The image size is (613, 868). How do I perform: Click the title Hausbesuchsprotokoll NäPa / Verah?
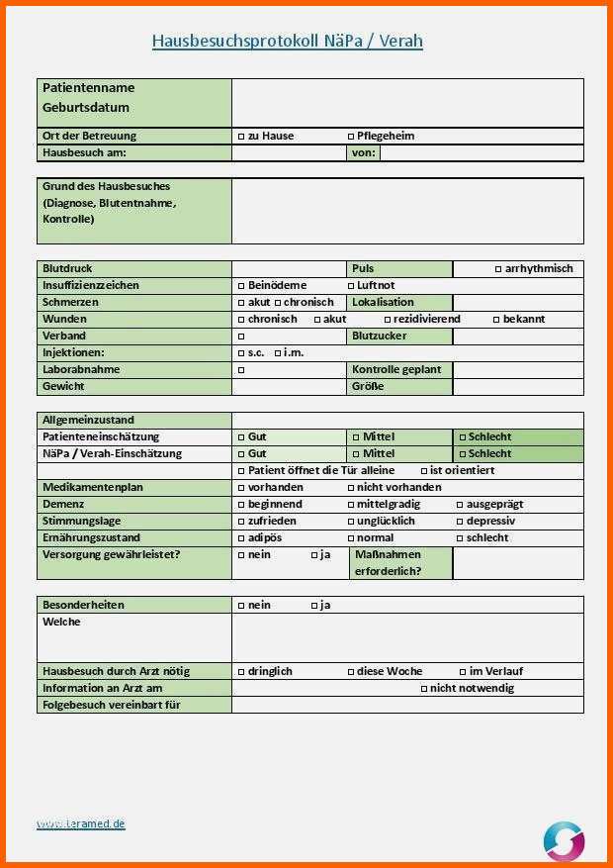[x=287, y=42]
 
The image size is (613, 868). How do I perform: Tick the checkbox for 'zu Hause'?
[x=241, y=137]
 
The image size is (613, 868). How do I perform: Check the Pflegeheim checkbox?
[x=351, y=137]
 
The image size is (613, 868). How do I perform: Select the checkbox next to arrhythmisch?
[x=498, y=269]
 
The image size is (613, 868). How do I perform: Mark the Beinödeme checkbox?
[x=241, y=286]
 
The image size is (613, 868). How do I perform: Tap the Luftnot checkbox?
[x=351, y=286]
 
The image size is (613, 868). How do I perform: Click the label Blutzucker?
[x=379, y=337]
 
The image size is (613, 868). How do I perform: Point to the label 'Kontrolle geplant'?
[x=395, y=370]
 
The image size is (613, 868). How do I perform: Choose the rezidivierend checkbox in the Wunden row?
[x=388, y=320]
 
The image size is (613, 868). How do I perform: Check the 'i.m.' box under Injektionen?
[x=277, y=353]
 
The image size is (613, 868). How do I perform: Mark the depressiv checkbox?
[x=461, y=522]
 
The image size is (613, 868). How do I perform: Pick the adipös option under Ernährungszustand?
[x=241, y=538]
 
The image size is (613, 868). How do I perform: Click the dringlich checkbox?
[x=241, y=672]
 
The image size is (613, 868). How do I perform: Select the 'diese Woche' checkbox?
[x=351, y=672]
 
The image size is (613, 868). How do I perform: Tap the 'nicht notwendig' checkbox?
[x=424, y=689]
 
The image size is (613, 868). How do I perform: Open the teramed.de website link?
[x=81, y=824]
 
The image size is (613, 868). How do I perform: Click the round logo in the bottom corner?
[x=564, y=841]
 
